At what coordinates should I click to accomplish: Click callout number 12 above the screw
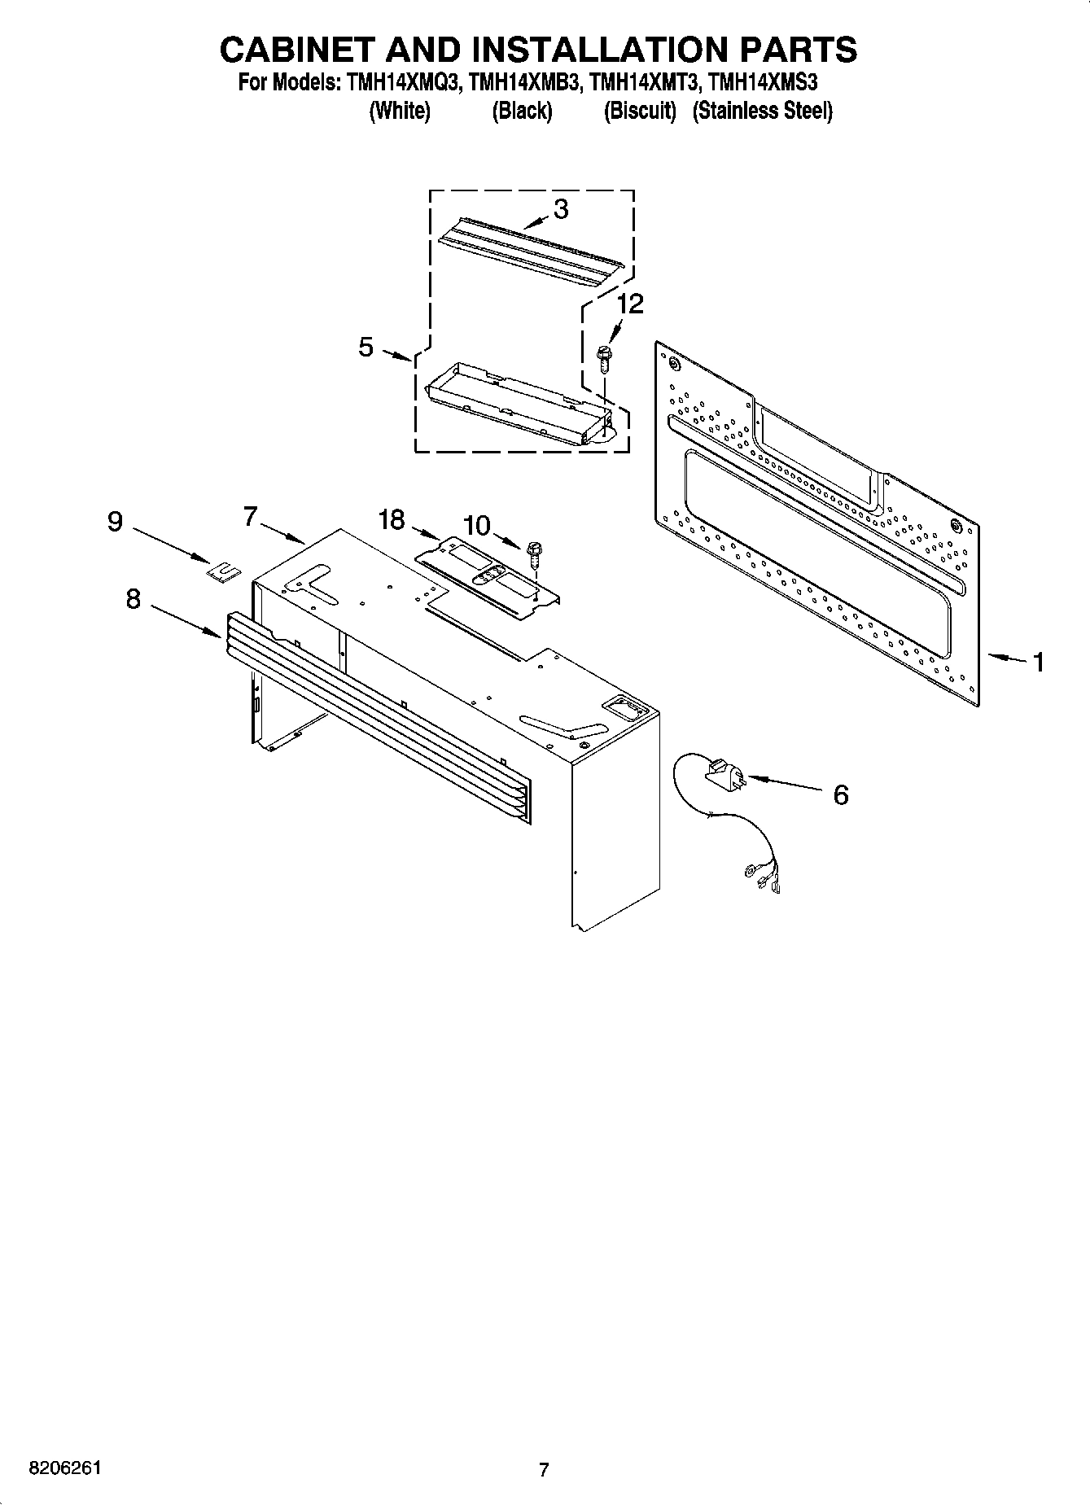point(630,304)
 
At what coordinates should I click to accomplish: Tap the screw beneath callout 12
point(603,359)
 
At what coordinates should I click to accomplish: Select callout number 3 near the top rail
point(561,209)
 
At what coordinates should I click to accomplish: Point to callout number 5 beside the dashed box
point(366,348)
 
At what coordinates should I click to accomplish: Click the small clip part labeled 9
point(223,571)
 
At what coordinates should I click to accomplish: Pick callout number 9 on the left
point(115,521)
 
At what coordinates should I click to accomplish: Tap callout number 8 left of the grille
point(133,599)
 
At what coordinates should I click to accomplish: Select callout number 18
point(392,519)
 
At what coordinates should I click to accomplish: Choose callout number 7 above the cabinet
point(250,515)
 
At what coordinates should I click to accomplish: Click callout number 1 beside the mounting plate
point(1038,663)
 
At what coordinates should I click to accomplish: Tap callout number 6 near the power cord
point(841,794)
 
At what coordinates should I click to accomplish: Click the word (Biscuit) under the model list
point(640,111)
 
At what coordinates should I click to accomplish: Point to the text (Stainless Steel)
point(762,111)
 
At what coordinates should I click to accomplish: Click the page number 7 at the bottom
point(544,1469)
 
